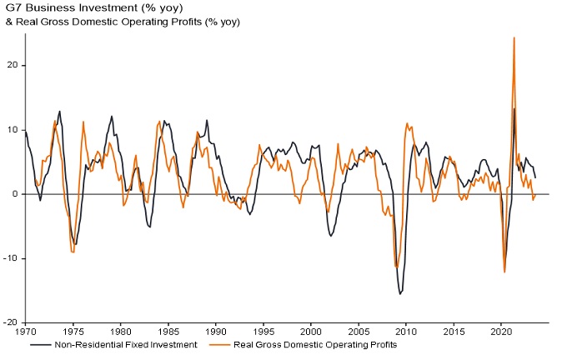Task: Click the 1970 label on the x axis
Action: click(25, 330)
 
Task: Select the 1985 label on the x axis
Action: click(168, 330)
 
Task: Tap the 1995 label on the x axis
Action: click(263, 330)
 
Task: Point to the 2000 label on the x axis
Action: click(311, 330)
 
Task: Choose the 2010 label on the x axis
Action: click(406, 330)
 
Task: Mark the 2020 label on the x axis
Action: click(501, 330)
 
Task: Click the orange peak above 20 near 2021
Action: click(514, 37)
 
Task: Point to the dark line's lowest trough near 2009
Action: click(400, 294)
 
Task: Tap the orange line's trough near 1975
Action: click(73, 252)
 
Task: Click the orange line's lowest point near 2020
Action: click(504, 272)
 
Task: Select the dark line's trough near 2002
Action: click(330, 236)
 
